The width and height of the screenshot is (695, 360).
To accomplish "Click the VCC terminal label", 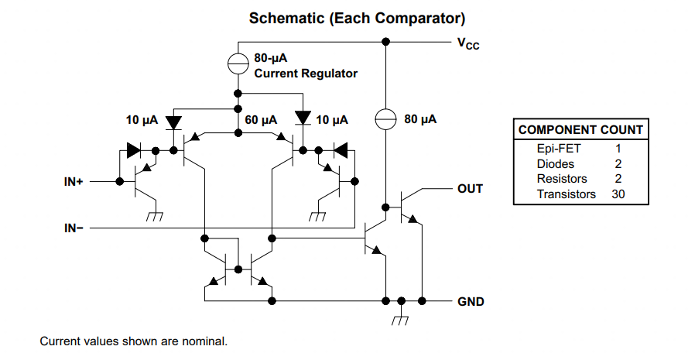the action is [468, 44].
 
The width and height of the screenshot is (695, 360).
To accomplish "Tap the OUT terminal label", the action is [471, 189].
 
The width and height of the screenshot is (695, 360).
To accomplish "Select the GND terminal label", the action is [471, 301].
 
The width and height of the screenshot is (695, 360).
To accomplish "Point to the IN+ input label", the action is [74, 182].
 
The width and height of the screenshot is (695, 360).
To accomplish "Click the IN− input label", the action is [74, 228].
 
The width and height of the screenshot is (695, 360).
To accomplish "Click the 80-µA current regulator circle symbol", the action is [238, 63].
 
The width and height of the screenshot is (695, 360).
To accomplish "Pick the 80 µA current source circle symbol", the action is [385, 118].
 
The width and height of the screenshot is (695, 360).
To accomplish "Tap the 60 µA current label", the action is [261, 120].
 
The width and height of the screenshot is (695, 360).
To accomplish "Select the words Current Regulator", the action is [306, 73].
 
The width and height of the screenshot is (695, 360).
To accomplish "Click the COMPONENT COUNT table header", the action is [580, 130].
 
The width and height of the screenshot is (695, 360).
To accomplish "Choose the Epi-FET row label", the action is [559, 149].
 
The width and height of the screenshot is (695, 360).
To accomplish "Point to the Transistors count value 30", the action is [618, 194].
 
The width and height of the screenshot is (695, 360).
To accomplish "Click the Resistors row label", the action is [562, 179].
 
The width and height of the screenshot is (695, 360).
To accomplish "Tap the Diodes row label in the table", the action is [556, 164].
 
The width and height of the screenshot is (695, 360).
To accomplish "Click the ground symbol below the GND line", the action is [400, 320].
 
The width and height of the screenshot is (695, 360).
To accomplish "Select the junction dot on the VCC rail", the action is [385, 42].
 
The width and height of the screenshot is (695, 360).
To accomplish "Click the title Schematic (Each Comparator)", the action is [357, 18].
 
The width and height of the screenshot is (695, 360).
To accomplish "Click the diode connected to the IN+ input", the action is [133, 150].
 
